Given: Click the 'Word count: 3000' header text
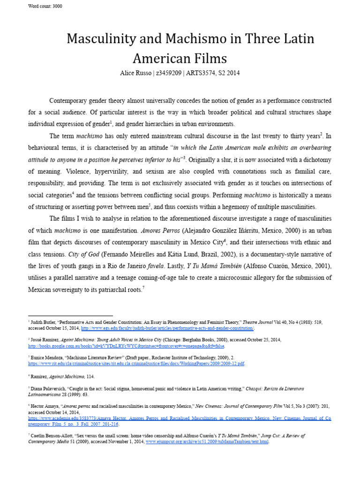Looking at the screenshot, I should tap(45, 7).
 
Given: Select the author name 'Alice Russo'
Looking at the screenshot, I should tap(134, 73).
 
